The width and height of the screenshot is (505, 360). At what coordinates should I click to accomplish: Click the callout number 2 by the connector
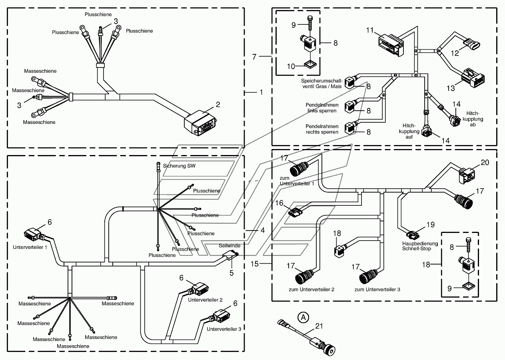tap(218, 105)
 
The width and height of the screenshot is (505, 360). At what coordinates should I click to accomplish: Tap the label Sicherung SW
tap(179, 166)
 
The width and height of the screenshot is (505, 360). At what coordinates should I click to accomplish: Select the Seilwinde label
tap(230, 246)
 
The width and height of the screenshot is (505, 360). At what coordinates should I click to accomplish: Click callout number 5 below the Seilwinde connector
tap(232, 273)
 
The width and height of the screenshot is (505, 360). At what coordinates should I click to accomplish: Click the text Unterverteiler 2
tap(205, 300)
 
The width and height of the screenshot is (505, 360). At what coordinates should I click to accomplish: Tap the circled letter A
tap(303, 317)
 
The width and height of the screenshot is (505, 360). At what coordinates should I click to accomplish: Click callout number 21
tap(319, 326)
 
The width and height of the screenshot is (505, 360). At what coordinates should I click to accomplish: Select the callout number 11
tap(370, 30)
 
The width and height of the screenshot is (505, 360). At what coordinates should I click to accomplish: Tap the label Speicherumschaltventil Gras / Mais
tap(322, 84)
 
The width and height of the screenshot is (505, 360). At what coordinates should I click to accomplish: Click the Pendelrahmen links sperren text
tap(322, 108)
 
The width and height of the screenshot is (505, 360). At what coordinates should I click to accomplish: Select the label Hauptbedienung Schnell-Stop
tap(420, 246)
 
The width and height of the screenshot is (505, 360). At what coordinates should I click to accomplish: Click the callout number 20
tap(485, 163)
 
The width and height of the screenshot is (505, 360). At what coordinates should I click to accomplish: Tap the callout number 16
tap(279, 203)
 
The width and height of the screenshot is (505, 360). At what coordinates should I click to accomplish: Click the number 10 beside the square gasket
tap(291, 66)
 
